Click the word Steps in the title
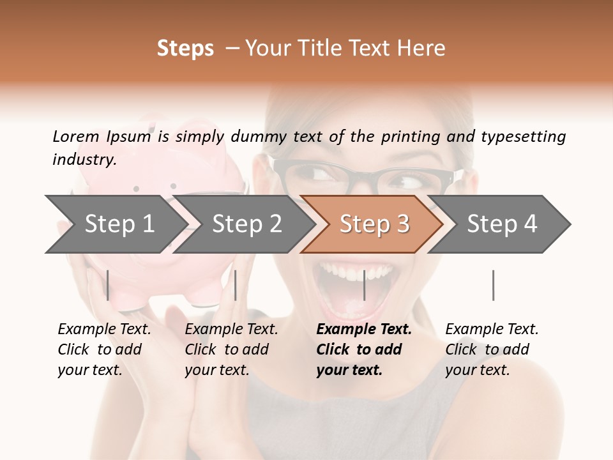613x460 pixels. click(185, 49)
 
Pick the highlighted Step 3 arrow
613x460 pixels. click(374, 224)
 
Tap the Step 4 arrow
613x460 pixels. click(502, 224)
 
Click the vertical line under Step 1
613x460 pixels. click(108, 285)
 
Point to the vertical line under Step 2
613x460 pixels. click(236, 285)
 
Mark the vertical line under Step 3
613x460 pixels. click(364, 285)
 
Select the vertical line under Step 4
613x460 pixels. click(493, 285)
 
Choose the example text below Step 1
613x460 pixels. click(104, 349)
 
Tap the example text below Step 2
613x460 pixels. click(231, 349)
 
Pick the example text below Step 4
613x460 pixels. click(492, 349)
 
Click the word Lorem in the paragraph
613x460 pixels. click(75, 137)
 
